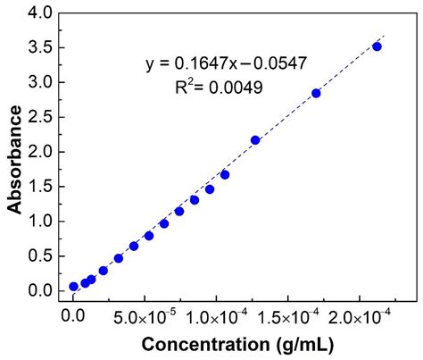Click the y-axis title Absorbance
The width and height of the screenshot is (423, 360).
15,159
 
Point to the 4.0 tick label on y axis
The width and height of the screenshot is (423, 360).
41,13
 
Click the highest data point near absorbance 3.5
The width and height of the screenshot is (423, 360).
377,46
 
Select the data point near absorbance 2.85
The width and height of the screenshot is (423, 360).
316,93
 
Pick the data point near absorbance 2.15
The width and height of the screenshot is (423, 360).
255,140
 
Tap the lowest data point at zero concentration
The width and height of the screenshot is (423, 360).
74,287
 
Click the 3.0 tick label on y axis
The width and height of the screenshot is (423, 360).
41,82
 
